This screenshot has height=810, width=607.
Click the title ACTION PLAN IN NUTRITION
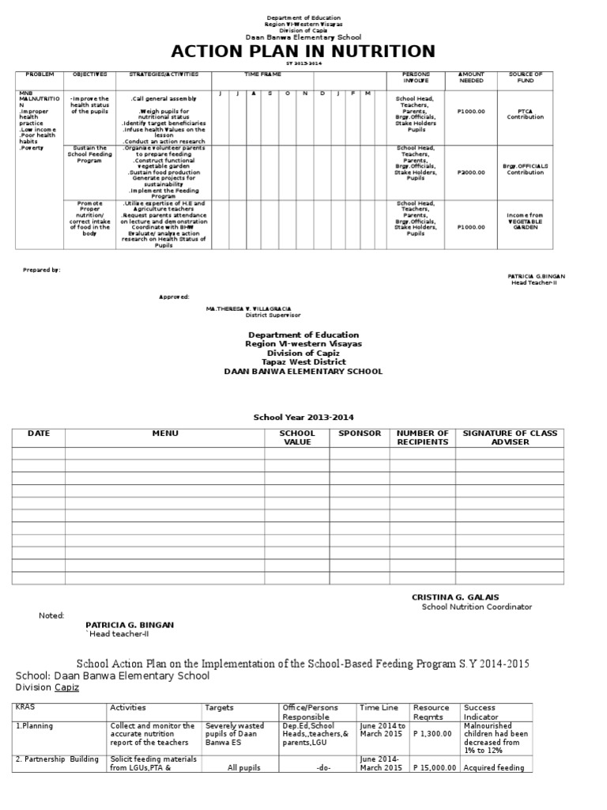[303, 52]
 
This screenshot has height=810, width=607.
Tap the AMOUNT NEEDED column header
[471, 78]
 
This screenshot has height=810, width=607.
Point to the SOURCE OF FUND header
[526, 78]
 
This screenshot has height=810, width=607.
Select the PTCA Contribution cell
[526, 114]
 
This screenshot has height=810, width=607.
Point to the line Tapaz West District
[303, 361]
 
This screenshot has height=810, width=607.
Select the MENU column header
[165, 433]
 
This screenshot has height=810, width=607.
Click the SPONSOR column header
[360, 433]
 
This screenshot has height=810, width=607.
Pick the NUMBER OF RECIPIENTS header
[422, 437]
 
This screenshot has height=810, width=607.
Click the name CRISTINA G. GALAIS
[455, 596]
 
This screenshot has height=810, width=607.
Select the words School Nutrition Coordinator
[477, 607]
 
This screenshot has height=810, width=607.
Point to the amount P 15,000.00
[434, 768]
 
